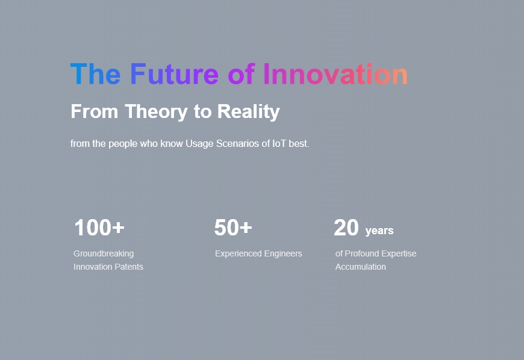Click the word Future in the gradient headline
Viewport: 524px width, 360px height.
tap(174, 74)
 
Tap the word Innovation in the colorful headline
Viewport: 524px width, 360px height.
tap(335, 74)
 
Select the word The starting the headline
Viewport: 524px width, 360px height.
tap(95, 74)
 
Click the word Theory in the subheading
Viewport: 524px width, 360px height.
tap(156, 111)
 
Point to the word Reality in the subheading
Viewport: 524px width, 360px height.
tap(249, 111)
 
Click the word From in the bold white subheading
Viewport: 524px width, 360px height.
tap(94, 111)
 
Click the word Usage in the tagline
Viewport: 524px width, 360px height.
tap(199, 144)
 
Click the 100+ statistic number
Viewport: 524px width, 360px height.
tap(99, 228)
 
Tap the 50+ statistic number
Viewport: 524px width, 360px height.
tap(233, 228)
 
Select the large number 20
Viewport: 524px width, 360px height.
tap(346, 228)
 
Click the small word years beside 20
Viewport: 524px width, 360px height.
tap(379, 231)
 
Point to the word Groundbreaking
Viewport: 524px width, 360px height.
tap(104, 254)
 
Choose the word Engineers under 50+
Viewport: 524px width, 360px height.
tap(283, 254)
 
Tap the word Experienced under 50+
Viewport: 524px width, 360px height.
tap(239, 254)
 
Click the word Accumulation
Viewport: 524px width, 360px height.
tap(361, 267)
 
